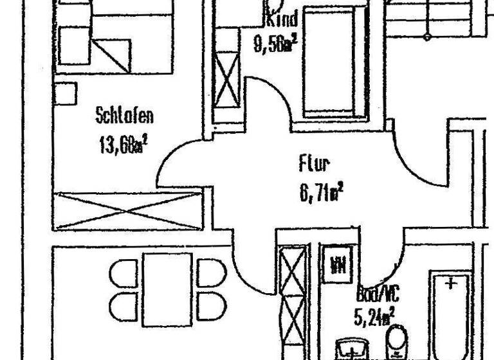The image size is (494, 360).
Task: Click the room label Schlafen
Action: click(x=125, y=116)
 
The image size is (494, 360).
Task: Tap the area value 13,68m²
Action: click(x=123, y=144)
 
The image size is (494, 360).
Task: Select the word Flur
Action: click(x=313, y=165)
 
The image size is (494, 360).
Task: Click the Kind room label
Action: click(x=280, y=19)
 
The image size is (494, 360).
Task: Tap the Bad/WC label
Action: click(x=378, y=294)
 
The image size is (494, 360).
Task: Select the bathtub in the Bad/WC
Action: click(x=453, y=315)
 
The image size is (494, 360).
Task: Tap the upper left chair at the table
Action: click(x=122, y=270)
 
